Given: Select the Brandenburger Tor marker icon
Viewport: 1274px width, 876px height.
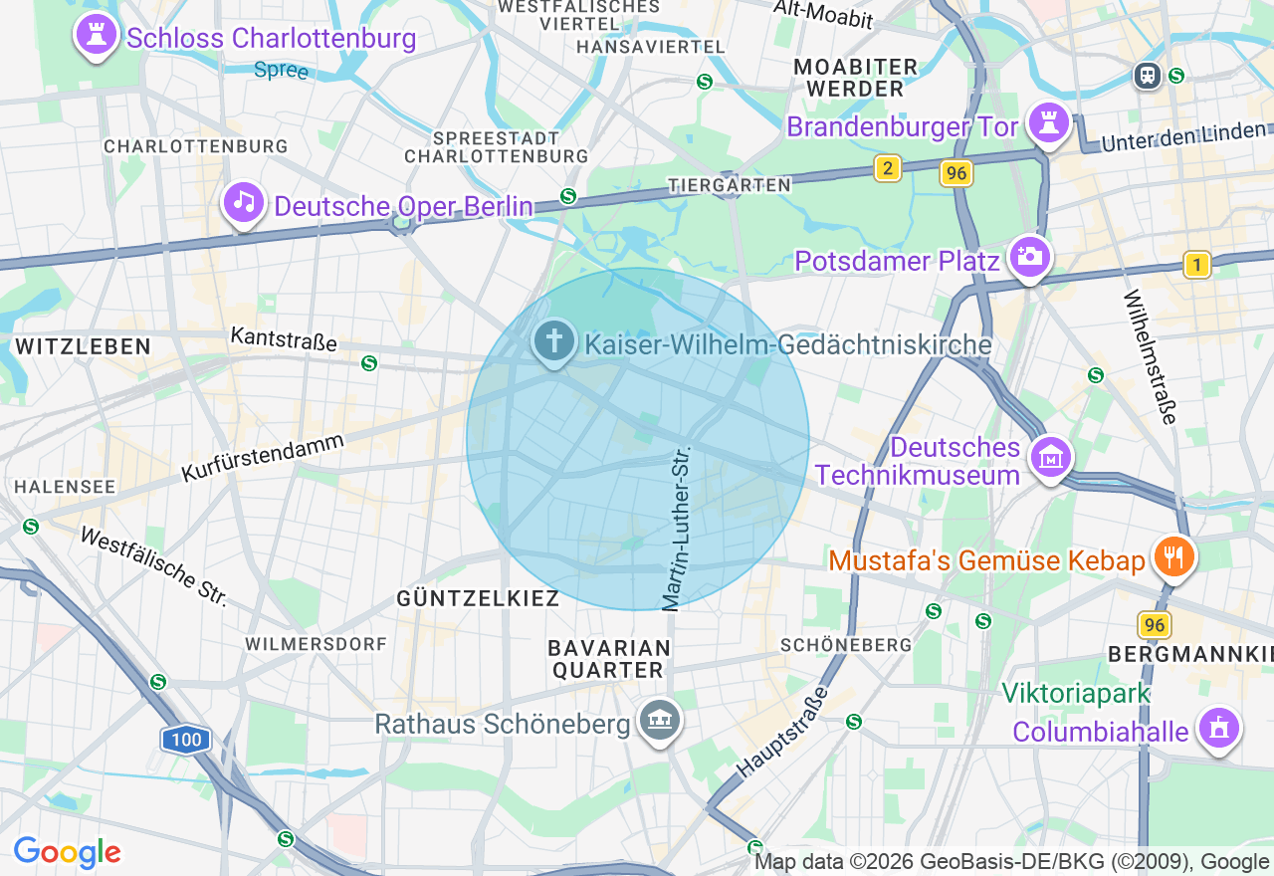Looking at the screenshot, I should coord(1049,124).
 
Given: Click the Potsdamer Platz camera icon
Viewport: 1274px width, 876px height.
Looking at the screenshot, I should coord(1030,258).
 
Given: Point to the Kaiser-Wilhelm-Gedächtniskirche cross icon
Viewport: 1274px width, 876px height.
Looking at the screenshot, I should coord(554,342).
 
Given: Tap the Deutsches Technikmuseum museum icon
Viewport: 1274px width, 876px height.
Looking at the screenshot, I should coord(1050,459).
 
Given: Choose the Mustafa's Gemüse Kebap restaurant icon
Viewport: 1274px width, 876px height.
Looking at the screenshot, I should coord(1174,557).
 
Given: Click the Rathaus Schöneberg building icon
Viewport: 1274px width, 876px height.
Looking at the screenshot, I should coord(658,721).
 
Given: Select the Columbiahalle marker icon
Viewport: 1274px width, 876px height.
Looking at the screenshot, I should coord(1218,730).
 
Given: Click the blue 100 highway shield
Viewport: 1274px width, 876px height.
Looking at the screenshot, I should coord(185,740).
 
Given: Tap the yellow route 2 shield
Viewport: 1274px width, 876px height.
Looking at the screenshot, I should coord(888,168).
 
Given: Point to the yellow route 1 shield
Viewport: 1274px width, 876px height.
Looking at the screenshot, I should coord(1197,265).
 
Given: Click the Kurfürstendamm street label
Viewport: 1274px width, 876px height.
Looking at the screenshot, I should coord(263,459).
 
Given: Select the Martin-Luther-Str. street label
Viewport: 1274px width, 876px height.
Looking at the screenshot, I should coord(677,528).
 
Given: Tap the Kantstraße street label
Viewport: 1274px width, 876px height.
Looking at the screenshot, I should coord(284,339).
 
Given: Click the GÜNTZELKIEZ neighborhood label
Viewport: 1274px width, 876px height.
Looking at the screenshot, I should coord(478,598).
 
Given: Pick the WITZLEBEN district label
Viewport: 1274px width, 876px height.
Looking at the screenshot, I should coord(83,346).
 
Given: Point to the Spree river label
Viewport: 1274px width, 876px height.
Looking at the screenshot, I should coord(282,71).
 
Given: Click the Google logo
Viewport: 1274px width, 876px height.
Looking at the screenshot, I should coord(67,852).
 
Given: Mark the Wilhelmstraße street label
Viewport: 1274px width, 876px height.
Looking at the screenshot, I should coord(1151,356).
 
